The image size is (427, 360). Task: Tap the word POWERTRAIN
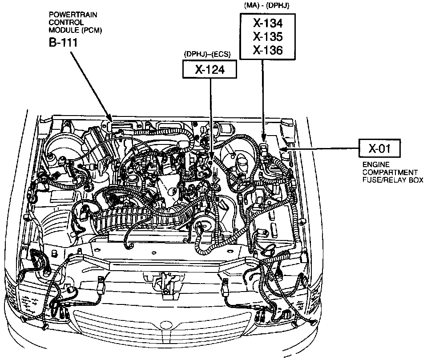(x=67, y=14)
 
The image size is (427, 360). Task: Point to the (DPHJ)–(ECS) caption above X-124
(x=207, y=54)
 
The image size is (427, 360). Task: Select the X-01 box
(x=379, y=148)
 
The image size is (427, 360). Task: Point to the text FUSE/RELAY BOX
(x=392, y=180)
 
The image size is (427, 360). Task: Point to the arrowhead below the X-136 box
(x=263, y=138)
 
